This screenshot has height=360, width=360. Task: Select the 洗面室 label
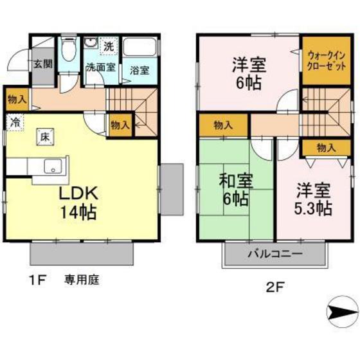coord(101,66)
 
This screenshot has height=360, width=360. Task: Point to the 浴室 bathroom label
coord(138,70)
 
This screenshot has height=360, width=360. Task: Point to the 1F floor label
coord(36,279)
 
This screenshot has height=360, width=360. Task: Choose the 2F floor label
coord(274,286)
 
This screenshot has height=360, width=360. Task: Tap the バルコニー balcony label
coord(275,253)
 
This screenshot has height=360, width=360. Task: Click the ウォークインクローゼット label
coord(327,62)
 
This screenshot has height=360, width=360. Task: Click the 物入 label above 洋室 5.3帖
coord(326,148)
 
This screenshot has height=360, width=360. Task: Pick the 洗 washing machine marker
coord(109,46)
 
